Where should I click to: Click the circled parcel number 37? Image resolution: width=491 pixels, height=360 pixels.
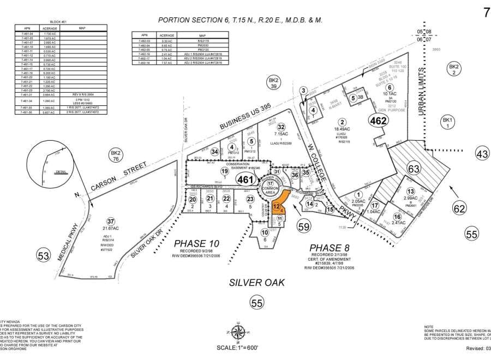(x=111, y=221)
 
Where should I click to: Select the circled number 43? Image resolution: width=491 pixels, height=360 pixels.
(x=482, y=154)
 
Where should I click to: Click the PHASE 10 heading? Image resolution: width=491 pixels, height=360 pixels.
(x=195, y=242)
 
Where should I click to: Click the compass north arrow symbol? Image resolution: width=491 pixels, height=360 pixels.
(x=237, y=331)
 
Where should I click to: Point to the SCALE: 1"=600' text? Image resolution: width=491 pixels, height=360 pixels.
(x=237, y=347)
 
